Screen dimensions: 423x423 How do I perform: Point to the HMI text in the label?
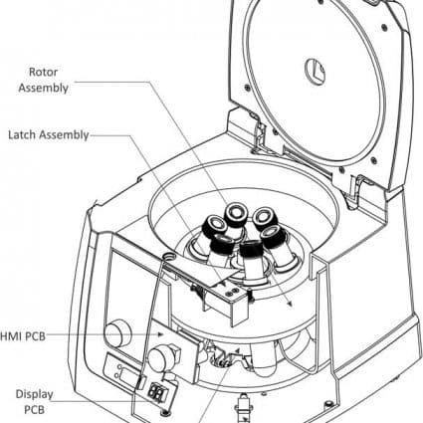8,337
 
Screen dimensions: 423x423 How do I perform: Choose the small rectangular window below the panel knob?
119,370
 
